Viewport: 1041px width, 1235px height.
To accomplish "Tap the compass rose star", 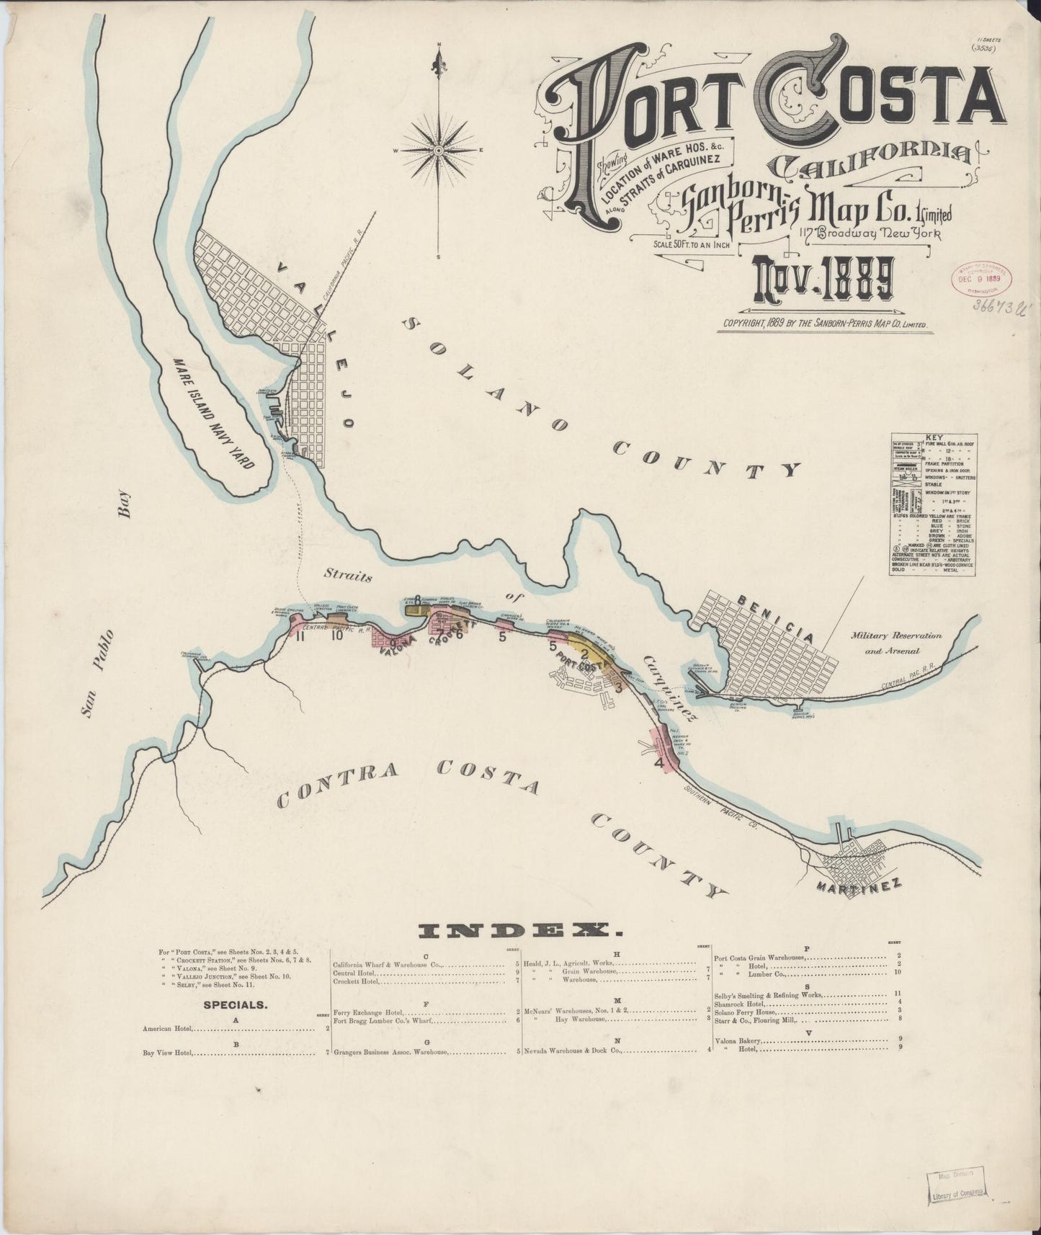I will point(439,150).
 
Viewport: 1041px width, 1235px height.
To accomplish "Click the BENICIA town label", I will point(774,619).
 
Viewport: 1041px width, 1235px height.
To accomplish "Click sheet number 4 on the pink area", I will point(658,762).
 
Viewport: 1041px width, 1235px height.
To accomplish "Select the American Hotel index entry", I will point(169,1028).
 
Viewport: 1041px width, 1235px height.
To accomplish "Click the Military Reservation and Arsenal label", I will point(895,643).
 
